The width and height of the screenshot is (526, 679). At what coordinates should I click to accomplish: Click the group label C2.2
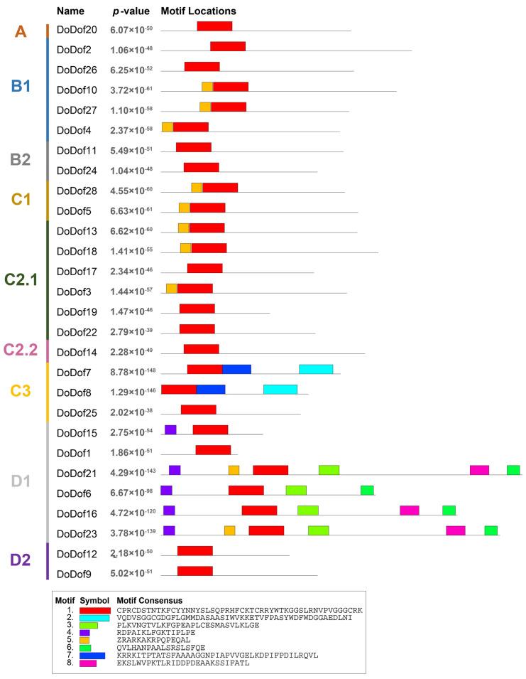[21, 349]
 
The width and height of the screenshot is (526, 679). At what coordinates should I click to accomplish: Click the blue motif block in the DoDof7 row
[236, 369]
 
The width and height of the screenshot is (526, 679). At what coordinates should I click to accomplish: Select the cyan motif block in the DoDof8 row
[280, 389]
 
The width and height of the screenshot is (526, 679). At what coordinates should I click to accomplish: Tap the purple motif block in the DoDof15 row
[170, 429]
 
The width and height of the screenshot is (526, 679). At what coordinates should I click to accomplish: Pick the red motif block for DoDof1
[213, 450]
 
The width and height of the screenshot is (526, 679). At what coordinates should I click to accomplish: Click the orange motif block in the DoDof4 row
[168, 127]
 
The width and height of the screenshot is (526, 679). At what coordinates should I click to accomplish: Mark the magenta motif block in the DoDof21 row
[479, 470]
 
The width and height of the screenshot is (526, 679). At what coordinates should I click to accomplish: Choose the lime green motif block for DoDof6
[296, 490]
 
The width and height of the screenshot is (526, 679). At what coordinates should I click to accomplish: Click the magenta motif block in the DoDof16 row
[409, 510]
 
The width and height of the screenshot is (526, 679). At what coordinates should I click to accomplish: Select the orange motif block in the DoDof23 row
[229, 530]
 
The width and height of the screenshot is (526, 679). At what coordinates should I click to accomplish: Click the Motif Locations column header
[199, 11]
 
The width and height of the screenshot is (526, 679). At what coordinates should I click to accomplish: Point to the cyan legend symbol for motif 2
[94, 618]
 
